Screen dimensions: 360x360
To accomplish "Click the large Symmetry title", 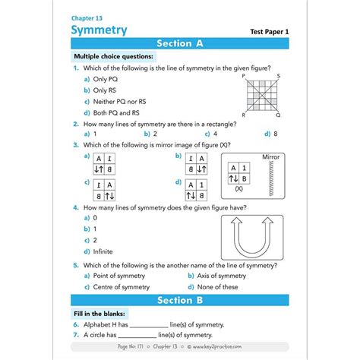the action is [99, 30].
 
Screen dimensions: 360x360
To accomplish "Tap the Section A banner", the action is [179, 44].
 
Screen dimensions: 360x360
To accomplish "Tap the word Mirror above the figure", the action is [270, 157].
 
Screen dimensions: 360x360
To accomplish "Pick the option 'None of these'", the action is [216, 287].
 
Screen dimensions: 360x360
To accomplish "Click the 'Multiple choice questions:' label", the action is [113, 57].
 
